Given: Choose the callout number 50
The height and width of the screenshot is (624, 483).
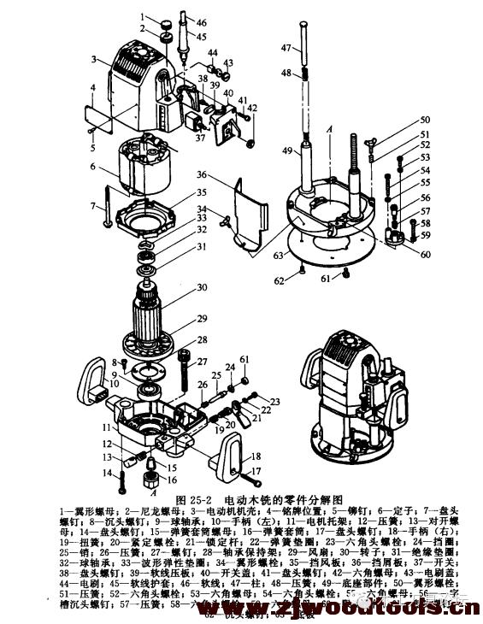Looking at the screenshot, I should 424,121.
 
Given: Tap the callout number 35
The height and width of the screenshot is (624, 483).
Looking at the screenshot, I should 202,193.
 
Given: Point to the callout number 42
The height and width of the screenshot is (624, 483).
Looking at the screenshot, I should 253,109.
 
